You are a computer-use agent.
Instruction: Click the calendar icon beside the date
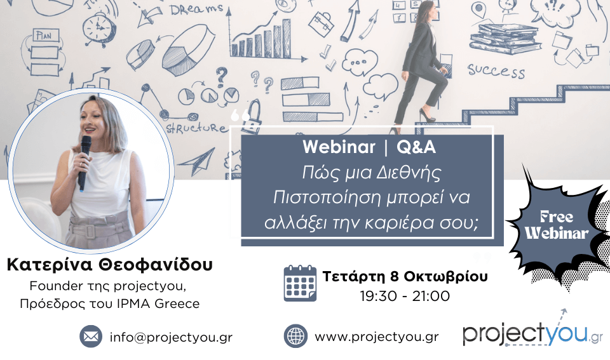click(300, 283)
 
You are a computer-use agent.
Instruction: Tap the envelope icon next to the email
click(91, 337)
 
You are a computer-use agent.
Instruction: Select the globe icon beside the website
click(295, 337)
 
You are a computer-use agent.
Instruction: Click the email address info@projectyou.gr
click(171, 337)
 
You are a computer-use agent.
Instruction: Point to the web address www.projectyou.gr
click(377, 337)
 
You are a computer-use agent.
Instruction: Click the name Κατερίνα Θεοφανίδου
click(110, 265)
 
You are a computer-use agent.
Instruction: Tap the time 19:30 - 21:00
click(405, 297)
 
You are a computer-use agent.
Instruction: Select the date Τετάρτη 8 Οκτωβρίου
click(405, 276)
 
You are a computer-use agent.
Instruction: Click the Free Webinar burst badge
click(557, 225)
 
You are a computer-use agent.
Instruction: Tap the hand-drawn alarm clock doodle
click(98, 29)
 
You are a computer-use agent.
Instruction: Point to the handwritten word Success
click(496, 70)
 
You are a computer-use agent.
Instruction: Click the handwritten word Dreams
click(196, 10)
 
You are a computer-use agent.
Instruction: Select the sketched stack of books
click(505, 39)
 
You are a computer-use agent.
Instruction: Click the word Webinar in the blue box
click(339, 147)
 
